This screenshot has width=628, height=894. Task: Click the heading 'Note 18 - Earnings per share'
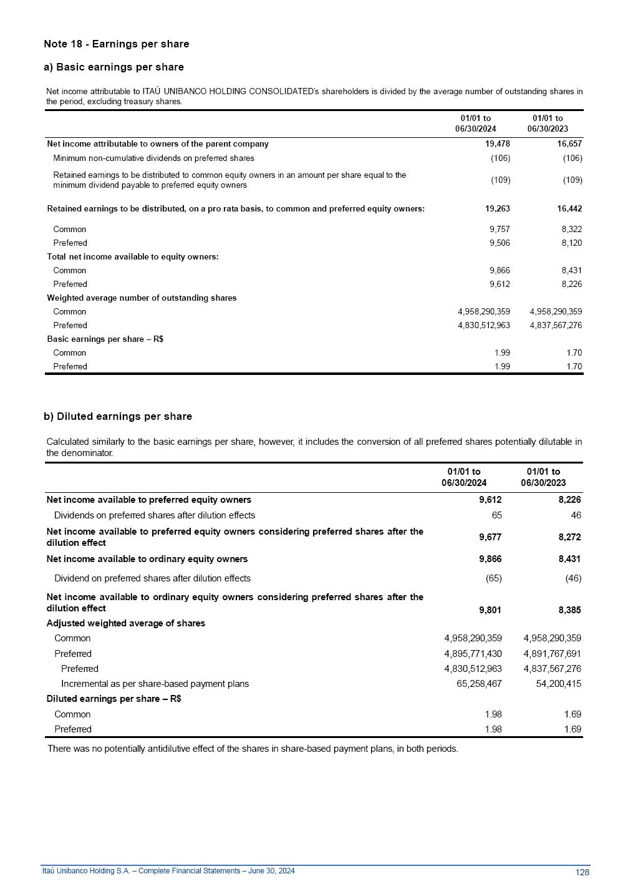[116, 44]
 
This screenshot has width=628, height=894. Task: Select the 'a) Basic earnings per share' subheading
[114, 67]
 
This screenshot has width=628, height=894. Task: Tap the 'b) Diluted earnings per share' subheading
[118, 416]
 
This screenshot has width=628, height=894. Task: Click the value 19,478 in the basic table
[498, 143]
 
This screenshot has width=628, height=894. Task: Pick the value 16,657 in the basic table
[569, 143]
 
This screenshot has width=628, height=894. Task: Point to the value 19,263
[498, 208]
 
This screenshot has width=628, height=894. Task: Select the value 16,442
[569, 208]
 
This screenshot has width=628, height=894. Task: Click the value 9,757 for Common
[500, 229]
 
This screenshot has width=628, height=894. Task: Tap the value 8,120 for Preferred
[571, 243]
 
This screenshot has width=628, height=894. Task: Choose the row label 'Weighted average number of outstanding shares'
[142, 298]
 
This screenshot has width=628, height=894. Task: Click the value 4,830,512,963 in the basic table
[483, 325]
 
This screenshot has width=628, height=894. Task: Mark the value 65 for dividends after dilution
[496, 515]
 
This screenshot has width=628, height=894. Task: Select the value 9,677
[490, 537]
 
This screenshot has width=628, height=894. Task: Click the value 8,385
[569, 610]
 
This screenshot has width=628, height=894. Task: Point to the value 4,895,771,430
[473, 654]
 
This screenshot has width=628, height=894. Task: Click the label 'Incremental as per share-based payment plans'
[155, 684]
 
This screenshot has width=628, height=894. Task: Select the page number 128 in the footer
[582, 872]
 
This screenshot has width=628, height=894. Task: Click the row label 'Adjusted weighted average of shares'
[125, 623]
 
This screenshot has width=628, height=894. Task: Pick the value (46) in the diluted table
[572, 578]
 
